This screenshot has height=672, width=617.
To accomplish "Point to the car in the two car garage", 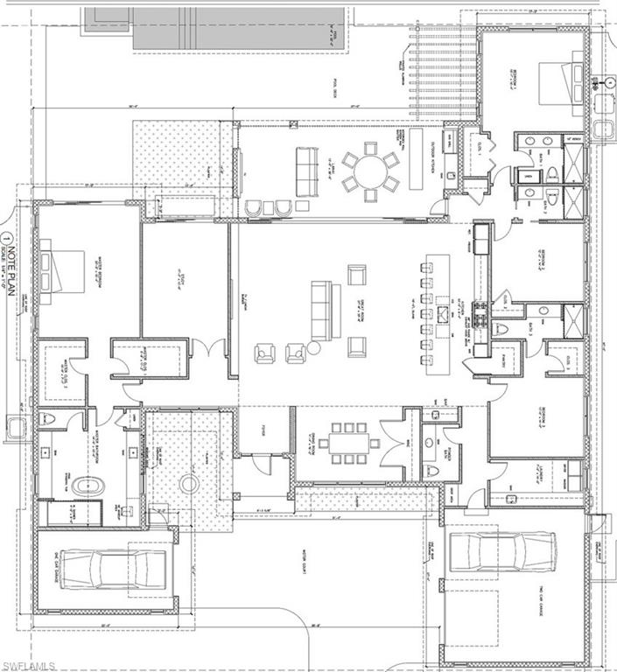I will click(502, 550).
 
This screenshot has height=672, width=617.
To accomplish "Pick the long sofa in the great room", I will click(321, 312).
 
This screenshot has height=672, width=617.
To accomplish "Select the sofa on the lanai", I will click(307, 164).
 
